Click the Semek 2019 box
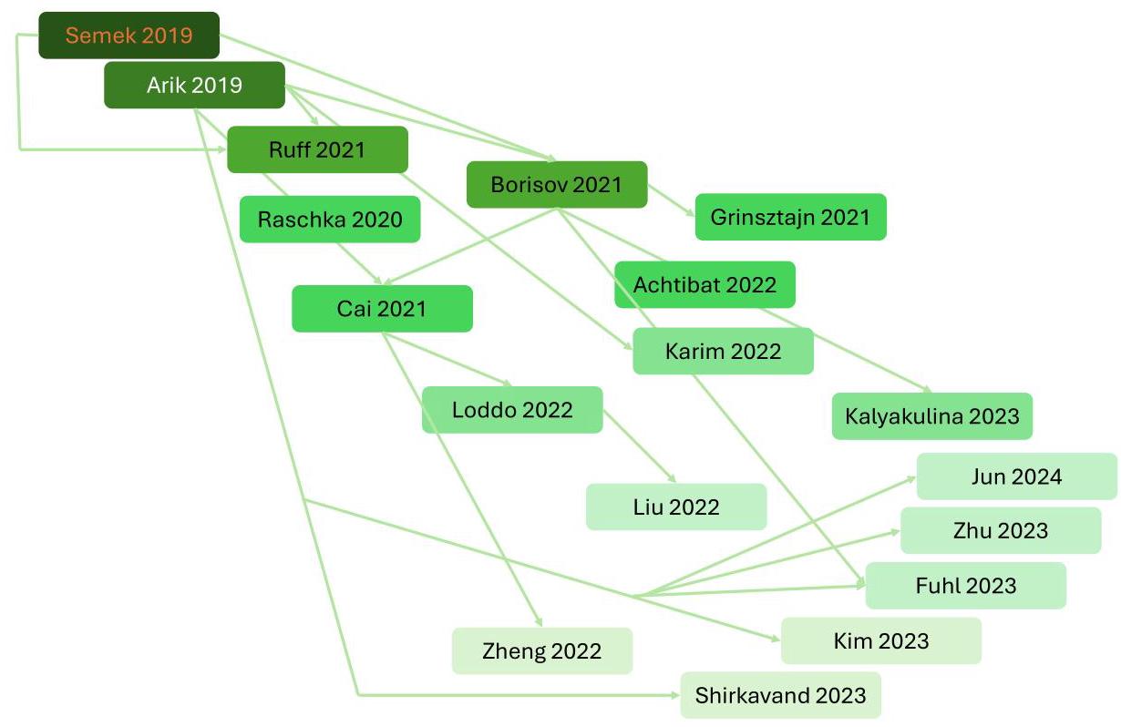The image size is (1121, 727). click(129, 36)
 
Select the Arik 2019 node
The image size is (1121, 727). click(194, 86)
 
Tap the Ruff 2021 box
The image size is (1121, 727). click(317, 149)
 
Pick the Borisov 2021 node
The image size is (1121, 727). click(556, 185)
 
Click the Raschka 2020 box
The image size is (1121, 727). click(330, 220)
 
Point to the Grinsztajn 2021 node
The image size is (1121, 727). click(790, 217)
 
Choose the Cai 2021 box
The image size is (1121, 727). click(382, 308)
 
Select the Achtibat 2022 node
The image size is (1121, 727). click(704, 284)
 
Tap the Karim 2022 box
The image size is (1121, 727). click(723, 351)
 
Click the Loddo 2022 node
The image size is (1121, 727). click(512, 410)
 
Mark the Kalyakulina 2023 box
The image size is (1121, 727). click(931, 416)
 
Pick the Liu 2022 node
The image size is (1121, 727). click(676, 507)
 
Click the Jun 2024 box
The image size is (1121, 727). click(1016, 476)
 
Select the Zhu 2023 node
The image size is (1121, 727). click(1001, 530)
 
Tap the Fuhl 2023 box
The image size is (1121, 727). click(965, 585)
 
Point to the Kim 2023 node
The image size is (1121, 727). click(880, 640)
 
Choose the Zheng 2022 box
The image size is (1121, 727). click(541, 650)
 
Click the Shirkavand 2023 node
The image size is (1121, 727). click(780, 695)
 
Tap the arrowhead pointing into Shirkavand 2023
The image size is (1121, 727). click(675, 695)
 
